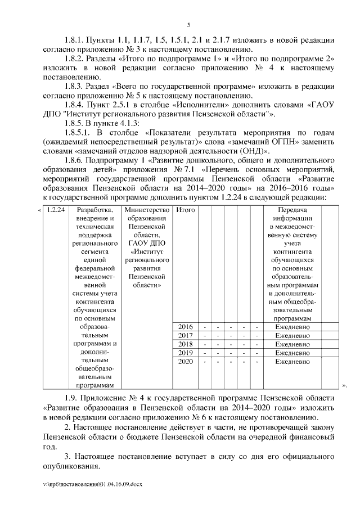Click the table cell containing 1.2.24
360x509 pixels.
click(56, 210)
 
